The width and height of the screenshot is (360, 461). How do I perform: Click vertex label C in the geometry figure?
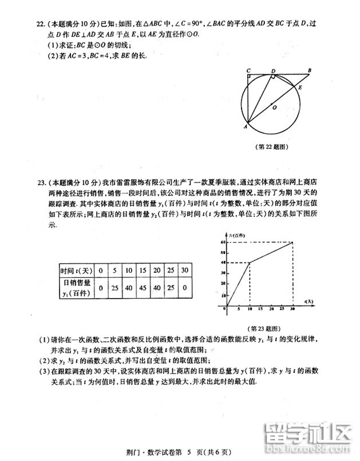click(248, 70)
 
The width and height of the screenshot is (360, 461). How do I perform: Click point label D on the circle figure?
click(274, 70)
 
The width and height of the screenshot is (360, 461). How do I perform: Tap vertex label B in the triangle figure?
click(309, 70)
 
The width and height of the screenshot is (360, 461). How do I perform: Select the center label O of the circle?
click(274, 107)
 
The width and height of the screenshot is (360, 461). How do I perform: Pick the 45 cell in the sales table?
click(143, 287)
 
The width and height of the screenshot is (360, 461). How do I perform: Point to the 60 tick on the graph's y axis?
click(221, 242)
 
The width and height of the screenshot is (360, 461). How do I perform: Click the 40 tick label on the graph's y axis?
click(221, 263)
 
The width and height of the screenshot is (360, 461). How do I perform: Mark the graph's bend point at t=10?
click(249, 263)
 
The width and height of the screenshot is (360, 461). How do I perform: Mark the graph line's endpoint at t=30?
click(292, 242)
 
